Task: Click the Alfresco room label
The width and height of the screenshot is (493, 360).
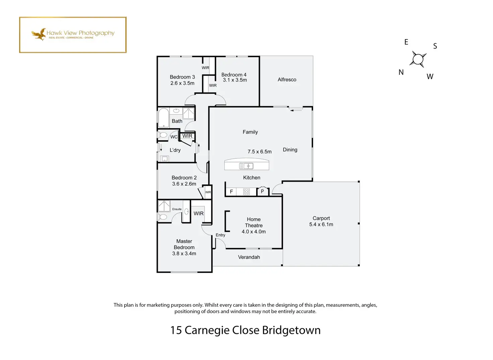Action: (287, 79)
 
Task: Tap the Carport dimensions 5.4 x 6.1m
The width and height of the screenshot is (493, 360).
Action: (321, 224)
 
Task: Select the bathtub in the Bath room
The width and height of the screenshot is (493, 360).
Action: (163, 118)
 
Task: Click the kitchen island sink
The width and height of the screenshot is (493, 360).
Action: (246, 166)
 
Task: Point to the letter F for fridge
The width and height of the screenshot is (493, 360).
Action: (231, 192)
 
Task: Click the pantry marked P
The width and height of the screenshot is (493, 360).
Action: (263, 191)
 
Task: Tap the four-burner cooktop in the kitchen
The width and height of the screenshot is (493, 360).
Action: (246, 192)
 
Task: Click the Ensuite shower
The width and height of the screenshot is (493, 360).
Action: (164, 206)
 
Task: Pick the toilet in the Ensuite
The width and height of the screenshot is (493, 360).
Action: (162, 217)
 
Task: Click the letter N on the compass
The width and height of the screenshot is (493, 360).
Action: (401, 72)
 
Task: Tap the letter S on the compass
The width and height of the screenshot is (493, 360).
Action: (435, 46)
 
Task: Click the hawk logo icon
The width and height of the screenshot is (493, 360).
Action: (39, 34)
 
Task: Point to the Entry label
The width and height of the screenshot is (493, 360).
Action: (220, 235)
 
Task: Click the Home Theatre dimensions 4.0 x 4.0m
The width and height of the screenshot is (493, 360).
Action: (254, 231)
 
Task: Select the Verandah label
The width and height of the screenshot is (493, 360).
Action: (249, 257)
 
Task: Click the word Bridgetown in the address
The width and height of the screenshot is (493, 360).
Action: (291, 330)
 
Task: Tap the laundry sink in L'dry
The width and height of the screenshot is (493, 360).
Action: (164, 159)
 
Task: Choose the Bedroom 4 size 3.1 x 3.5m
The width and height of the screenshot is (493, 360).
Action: (235, 80)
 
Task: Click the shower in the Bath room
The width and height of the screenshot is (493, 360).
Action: (189, 113)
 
